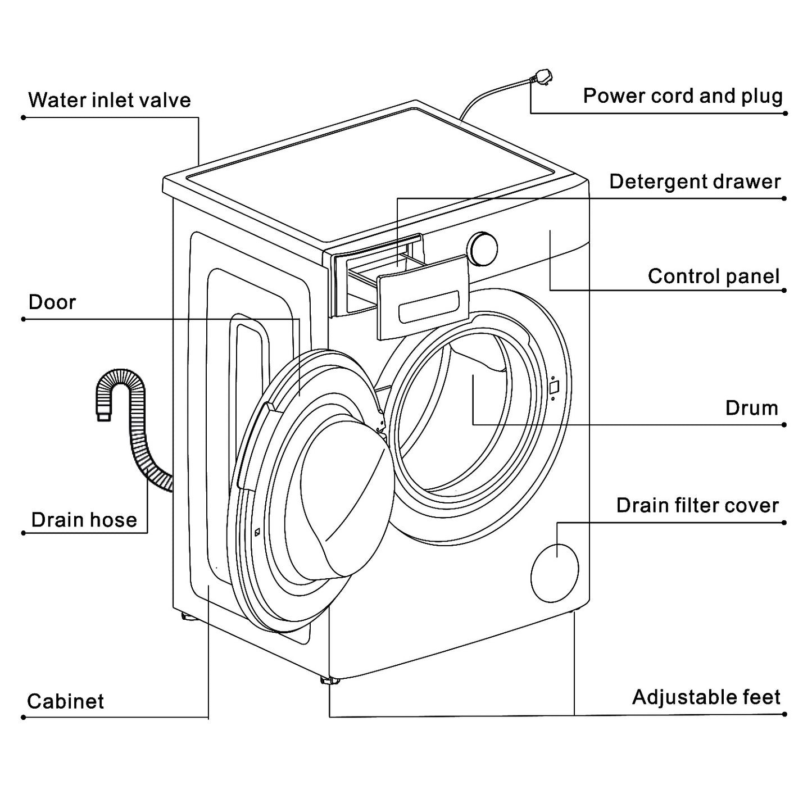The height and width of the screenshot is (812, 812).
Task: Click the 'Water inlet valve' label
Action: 110,100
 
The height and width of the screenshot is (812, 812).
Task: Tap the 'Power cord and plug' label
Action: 682,96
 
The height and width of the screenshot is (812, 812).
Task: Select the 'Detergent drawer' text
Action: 695,182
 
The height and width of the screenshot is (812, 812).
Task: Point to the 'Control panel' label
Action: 713,276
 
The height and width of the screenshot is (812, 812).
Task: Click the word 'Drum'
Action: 751,407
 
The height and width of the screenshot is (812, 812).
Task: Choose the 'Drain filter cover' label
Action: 697,505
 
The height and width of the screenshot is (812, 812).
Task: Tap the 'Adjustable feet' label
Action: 706,697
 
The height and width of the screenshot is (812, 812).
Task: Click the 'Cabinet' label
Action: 66,701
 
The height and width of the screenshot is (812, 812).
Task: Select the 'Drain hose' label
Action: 84,520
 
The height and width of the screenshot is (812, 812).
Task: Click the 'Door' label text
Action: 52,302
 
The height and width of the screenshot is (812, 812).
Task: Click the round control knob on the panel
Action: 483,248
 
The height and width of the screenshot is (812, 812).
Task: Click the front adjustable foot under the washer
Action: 329,681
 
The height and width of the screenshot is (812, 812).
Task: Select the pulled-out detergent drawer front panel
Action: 423,297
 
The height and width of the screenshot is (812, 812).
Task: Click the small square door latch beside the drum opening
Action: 554,388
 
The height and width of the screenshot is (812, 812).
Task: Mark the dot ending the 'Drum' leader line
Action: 784,425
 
